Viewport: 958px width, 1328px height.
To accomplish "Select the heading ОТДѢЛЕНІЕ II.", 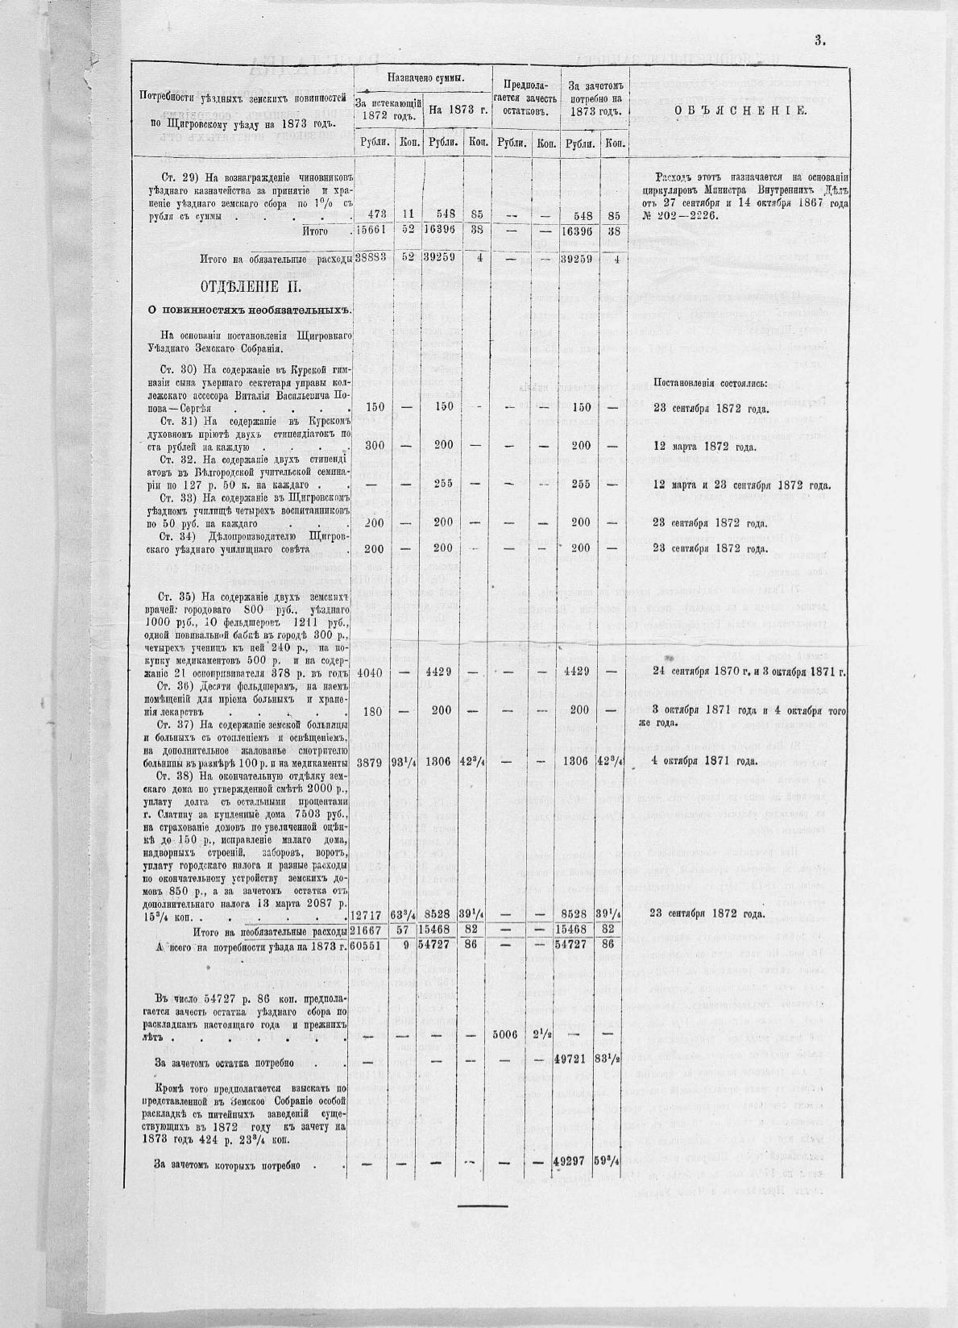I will [x=251, y=287].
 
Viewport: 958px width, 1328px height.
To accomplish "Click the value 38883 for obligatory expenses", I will [x=371, y=259].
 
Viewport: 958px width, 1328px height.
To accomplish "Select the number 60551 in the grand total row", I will [x=371, y=944].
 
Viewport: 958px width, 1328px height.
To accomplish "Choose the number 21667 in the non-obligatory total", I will [x=371, y=930].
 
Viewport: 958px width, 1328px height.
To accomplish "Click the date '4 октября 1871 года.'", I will [x=704, y=760].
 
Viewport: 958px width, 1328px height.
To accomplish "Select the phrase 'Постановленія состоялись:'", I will [x=710, y=382].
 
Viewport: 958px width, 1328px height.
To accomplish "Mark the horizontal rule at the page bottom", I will [x=483, y=1206].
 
